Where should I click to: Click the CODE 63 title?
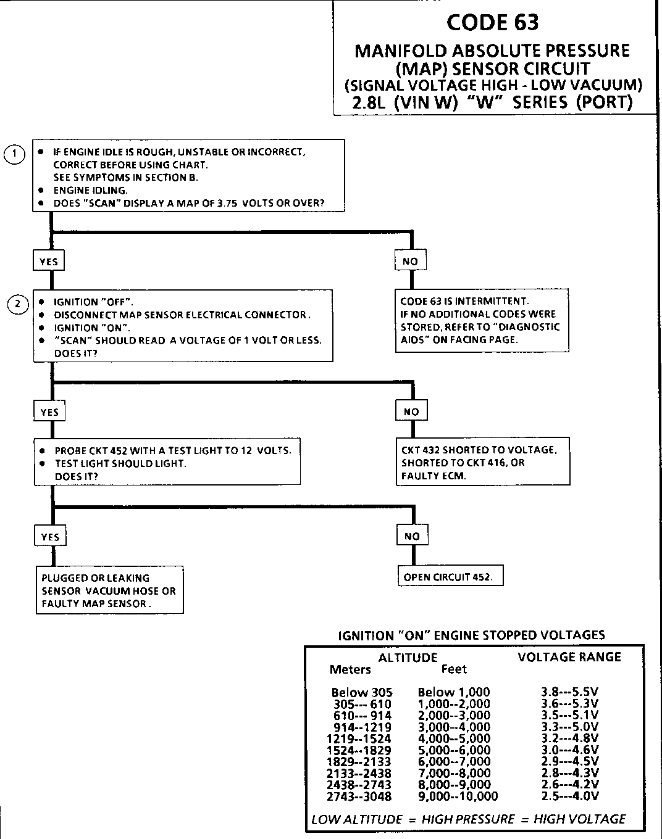492,22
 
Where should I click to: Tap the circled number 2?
18,304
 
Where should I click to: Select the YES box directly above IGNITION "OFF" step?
48,262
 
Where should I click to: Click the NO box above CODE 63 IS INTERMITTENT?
410,262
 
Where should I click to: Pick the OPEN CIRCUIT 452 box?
448,577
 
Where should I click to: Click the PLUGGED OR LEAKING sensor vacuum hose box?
109,590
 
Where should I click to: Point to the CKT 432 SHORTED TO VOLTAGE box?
482,463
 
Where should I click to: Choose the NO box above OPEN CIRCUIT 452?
412,536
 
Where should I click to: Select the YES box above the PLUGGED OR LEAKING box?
50,537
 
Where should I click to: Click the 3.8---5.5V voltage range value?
569,692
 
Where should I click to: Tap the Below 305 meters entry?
361,692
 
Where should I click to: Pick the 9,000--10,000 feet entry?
458,796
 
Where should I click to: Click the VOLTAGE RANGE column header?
569,657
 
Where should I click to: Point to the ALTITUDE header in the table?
408,658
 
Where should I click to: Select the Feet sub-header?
454,669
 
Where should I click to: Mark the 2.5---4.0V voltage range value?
569,796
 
